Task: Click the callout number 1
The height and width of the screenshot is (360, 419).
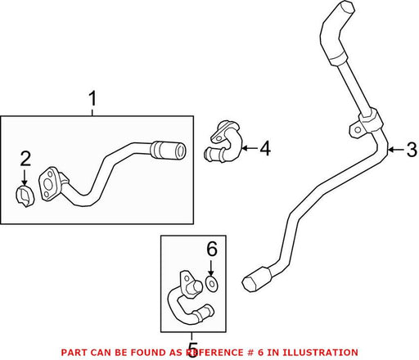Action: coord(92,99)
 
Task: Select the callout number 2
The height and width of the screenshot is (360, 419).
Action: coord(25,159)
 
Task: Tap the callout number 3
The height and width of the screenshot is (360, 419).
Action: coord(412,150)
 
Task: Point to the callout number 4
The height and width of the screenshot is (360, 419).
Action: coord(265,148)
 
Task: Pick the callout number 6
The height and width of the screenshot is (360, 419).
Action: coord(212,249)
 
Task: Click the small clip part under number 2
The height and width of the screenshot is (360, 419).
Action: coord(25,196)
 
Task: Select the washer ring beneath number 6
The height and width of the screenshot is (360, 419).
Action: coord(212,283)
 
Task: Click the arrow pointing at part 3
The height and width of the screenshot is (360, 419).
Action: coord(396,150)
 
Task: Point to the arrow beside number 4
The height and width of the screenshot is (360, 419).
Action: coord(250,148)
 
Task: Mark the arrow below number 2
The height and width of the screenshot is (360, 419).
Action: coord(25,178)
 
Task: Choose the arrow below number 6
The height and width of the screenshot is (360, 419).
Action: coord(211,268)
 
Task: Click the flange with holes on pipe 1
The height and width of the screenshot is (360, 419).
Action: coord(49,185)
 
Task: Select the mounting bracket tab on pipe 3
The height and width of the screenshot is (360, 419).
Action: coord(356,129)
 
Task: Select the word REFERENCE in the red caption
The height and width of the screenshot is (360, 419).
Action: coord(214,353)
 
